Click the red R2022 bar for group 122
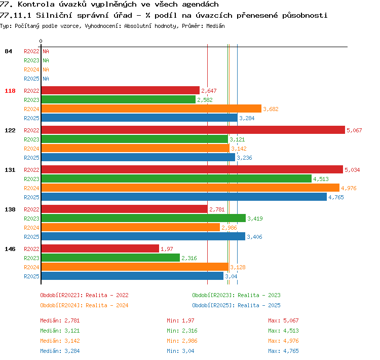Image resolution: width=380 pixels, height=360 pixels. pos(193,130)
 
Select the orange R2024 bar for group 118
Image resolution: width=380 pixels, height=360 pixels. pos(151,109)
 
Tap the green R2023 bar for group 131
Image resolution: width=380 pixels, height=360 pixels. pos(176,178)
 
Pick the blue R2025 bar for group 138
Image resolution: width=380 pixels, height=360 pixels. pos(143,236)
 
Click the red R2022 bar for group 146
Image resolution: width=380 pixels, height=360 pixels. pos(100,248)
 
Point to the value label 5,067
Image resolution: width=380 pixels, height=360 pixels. pos(354,130)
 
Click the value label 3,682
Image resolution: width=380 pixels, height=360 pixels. pos(271,109)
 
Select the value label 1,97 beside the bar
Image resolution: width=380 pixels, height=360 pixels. pos(167,249)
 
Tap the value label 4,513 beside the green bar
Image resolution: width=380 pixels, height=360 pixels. pos(321,179)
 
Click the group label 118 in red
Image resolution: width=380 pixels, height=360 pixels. pos(10,91)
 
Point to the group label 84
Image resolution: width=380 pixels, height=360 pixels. pos(8,51)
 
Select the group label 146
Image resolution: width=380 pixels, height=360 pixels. pos(10,249)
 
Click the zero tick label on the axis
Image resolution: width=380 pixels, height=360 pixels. pos(41,41)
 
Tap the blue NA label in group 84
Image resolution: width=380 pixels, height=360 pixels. pos(46,79)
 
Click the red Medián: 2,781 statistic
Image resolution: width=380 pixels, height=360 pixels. pos(60,320)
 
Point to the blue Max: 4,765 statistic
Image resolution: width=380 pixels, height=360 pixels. pos(283,351)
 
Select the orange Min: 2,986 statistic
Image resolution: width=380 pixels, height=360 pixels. pos(182,341)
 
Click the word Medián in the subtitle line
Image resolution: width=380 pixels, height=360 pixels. pos(215,26)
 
